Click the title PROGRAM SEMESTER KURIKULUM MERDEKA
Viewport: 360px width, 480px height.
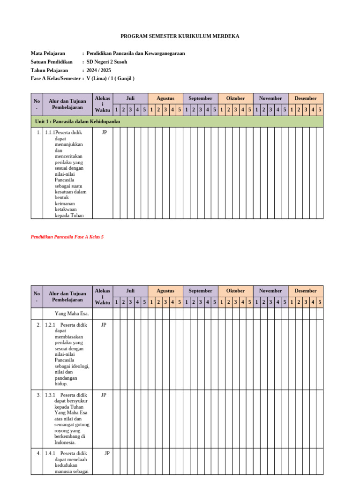(x=180, y=36)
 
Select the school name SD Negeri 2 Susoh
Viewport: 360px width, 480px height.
(x=106, y=62)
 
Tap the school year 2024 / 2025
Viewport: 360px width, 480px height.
(x=99, y=70)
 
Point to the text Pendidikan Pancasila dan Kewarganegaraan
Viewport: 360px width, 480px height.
(x=135, y=53)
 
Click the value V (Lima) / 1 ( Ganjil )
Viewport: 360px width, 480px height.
(x=110, y=79)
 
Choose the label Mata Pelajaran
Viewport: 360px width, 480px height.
(x=48, y=53)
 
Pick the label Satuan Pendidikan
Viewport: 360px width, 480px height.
(x=52, y=62)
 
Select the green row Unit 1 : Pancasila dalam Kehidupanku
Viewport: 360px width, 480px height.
(x=78, y=121)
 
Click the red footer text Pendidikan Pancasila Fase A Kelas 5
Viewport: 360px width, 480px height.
(x=67, y=237)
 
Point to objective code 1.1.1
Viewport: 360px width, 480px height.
(x=50, y=133)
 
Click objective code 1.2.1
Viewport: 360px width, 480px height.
(x=50, y=325)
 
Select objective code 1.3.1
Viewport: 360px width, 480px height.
(x=50, y=395)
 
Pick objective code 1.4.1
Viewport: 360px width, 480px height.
(x=50, y=454)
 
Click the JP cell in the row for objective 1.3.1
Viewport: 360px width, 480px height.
(x=104, y=395)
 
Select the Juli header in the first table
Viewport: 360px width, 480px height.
(x=130, y=98)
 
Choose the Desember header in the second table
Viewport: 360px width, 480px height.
(x=306, y=291)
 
